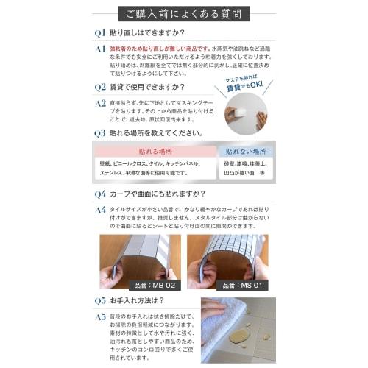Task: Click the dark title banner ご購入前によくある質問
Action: (x=183, y=13)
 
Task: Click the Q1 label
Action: (x=100, y=33)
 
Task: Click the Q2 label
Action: (x=100, y=86)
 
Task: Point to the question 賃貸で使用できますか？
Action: (x=148, y=86)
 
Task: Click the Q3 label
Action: (x=100, y=133)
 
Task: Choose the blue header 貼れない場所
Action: (x=243, y=151)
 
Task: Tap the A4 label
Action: (x=100, y=210)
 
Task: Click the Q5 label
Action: (x=100, y=301)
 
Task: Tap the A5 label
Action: (x=100, y=317)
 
